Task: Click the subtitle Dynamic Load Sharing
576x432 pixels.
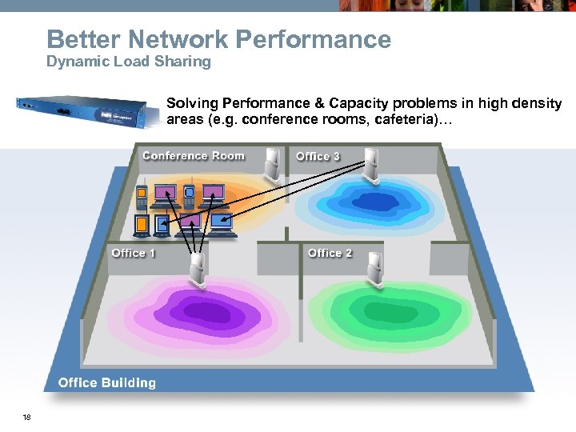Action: (129, 62)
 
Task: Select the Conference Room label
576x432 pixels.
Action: (194, 156)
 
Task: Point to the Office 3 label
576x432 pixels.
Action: (318, 156)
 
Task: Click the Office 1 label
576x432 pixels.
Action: (134, 253)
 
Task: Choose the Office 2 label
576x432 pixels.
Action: (330, 253)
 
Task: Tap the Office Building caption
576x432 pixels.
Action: (107, 382)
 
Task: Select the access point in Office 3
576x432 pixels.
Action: (371, 164)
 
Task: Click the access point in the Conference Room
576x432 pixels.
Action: (274, 163)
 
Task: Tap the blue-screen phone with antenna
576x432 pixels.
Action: (190, 194)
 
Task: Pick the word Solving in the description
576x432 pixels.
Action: (191, 104)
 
